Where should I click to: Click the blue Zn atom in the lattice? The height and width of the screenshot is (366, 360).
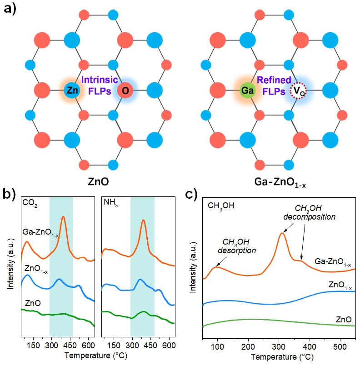(71, 90)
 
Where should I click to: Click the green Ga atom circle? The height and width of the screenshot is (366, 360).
(247, 91)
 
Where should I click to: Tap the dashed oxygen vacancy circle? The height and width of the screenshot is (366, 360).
(300, 90)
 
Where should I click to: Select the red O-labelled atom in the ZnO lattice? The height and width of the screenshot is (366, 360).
(125, 90)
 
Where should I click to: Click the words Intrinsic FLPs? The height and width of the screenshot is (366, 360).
(99, 85)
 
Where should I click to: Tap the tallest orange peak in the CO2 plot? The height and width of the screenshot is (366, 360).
(63, 217)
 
